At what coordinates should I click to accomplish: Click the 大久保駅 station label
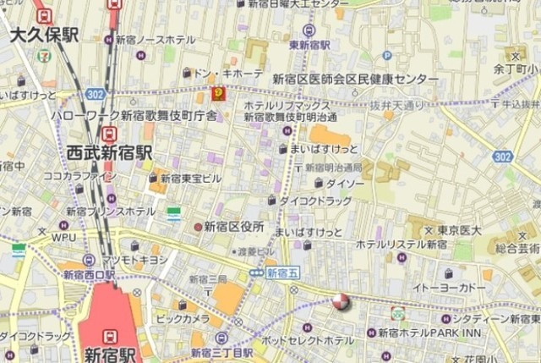pyautogui.click(x=45, y=34)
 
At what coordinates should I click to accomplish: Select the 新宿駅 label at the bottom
pyautogui.click(x=109, y=353)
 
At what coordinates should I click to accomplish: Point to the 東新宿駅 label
pyautogui.click(x=309, y=45)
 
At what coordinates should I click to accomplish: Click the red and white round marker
pyautogui.click(x=341, y=302)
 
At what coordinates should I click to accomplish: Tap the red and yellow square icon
pyautogui.click(x=218, y=93)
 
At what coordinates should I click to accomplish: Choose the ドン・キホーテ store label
pyautogui.click(x=227, y=74)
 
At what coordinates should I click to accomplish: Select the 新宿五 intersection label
pyautogui.click(x=282, y=273)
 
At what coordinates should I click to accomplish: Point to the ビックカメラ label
pyautogui.click(x=183, y=319)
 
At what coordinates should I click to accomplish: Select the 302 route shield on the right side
pyautogui.click(x=503, y=157)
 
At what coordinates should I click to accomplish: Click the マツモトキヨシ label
pyautogui.click(x=135, y=260)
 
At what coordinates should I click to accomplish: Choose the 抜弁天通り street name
pyautogui.click(x=396, y=105)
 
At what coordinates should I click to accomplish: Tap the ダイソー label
pyautogui.click(x=345, y=182)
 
